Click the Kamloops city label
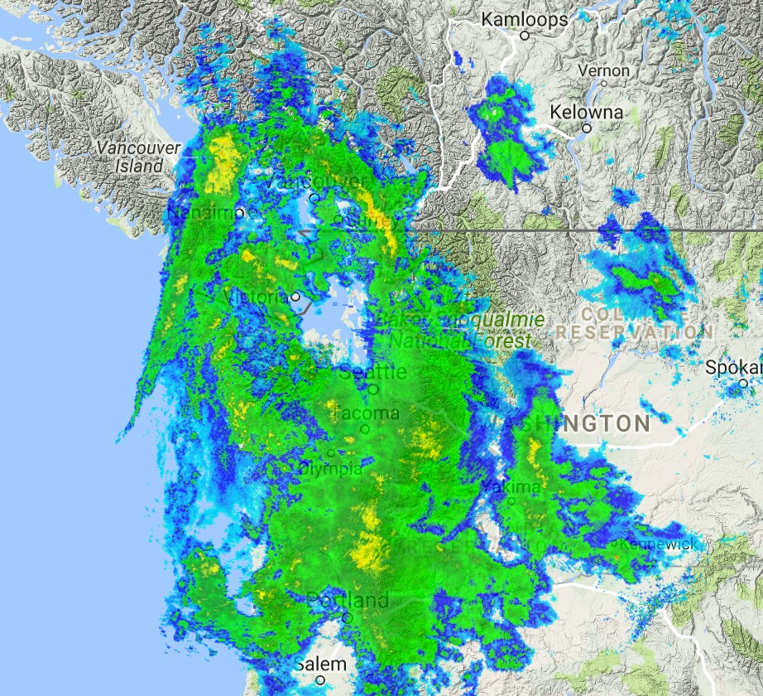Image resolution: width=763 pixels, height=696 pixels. [524, 19]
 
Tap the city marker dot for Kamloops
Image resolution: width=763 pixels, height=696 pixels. [525, 36]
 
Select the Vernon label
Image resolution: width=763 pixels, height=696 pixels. [604, 70]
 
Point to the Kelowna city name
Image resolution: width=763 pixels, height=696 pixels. [587, 112]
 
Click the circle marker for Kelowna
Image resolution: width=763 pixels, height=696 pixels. [586, 128]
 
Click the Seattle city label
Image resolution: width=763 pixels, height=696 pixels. [373, 372]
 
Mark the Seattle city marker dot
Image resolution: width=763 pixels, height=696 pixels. [374, 388]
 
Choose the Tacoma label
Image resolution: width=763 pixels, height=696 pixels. [366, 413]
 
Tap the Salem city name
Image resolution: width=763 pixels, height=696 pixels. [320, 665]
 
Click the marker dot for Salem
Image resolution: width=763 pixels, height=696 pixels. [320, 680]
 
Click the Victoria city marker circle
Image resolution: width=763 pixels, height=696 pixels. [295, 296]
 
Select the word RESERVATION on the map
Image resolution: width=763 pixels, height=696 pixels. [634, 331]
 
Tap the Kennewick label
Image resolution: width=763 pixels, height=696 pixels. [653, 544]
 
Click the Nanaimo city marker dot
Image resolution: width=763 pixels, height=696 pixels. [239, 213]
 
